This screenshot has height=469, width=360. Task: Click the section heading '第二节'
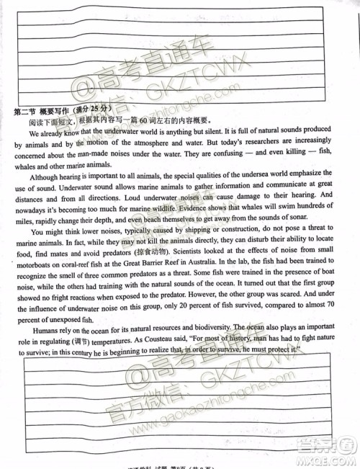coord(26,110)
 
